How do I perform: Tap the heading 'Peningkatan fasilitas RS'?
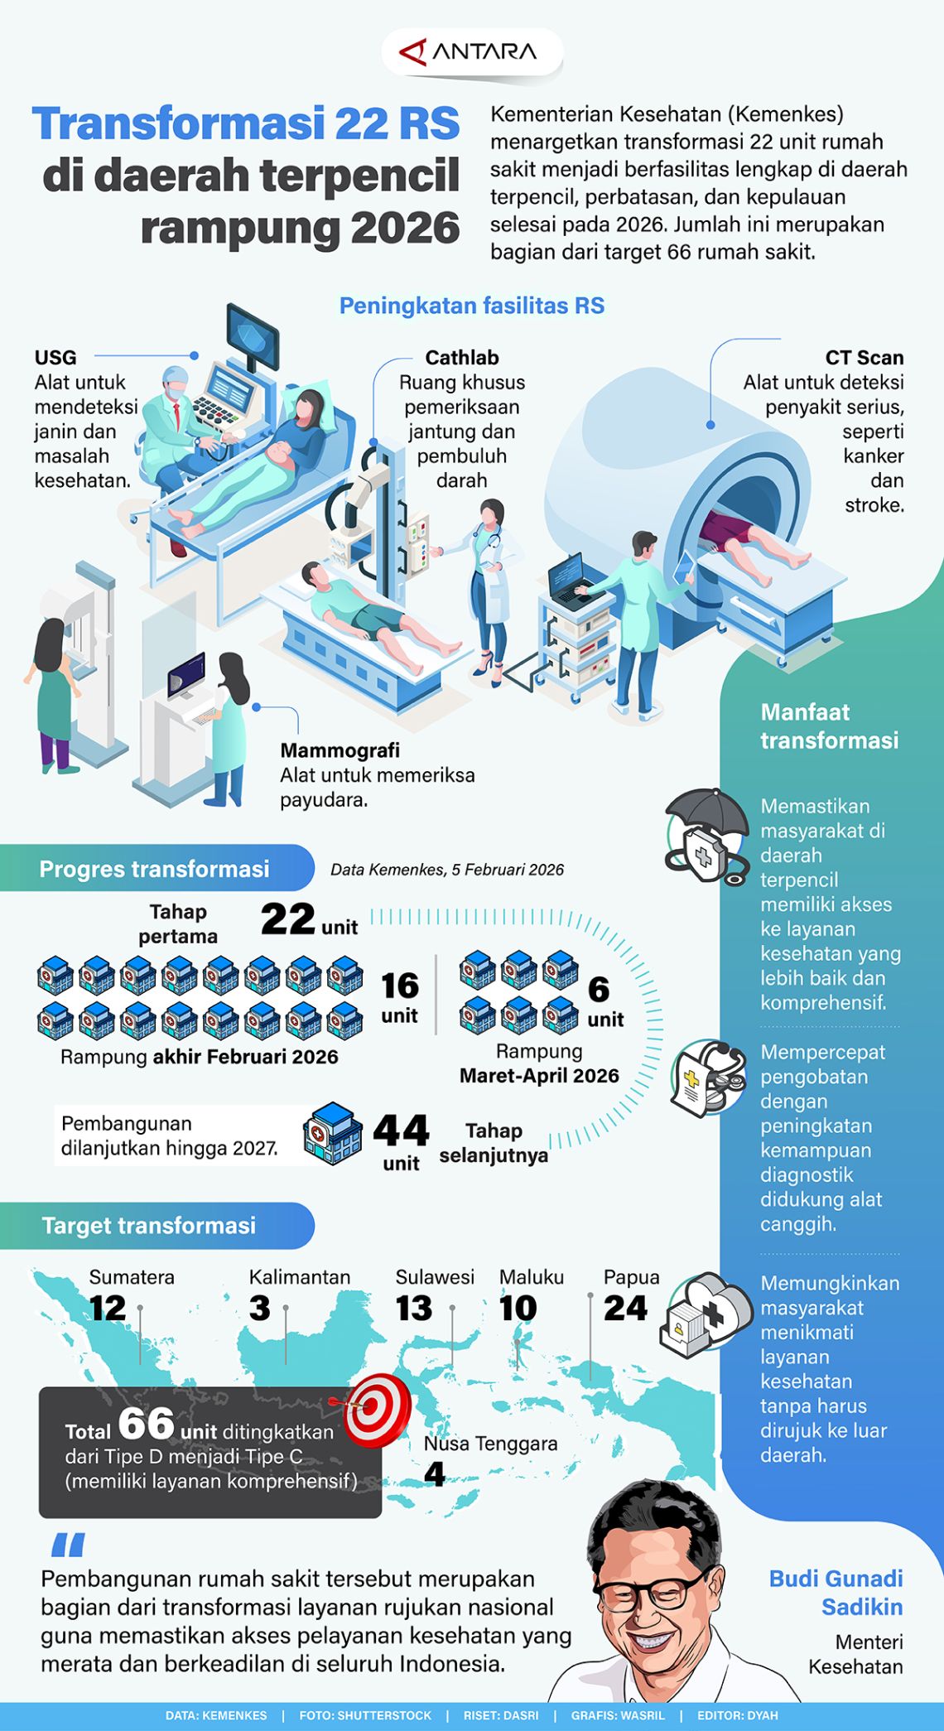[x=472, y=306]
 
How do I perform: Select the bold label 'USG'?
[x=55, y=357]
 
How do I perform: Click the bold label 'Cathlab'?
[x=461, y=357]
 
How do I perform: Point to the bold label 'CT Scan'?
[x=864, y=357]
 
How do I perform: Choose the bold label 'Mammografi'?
[x=340, y=750]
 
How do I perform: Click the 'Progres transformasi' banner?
[x=155, y=869]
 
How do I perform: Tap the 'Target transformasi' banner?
[x=149, y=1226]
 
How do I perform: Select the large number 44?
[x=401, y=1131]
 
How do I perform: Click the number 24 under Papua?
[x=625, y=1309]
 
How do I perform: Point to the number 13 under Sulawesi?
[x=414, y=1309]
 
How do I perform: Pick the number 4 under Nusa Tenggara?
[x=434, y=1474]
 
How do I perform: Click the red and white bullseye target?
[x=376, y=1409]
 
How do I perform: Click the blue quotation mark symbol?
[x=68, y=1545]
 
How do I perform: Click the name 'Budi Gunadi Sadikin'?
[x=836, y=1593]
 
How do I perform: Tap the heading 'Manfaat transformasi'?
[x=829, y=726]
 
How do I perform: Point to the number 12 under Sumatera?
[x=108, y=1309]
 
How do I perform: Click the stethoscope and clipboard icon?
[x=706, y=1078]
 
